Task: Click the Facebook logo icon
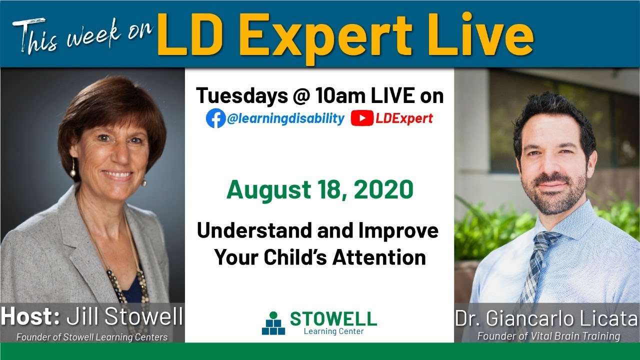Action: (x=215, y=118)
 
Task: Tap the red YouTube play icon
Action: (x=361, y=118)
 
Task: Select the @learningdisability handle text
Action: (x=285, y=118)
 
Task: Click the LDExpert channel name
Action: (x=404, y=118)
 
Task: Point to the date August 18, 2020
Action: (x=320, y=190)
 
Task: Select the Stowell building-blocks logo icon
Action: (x=273, y=324)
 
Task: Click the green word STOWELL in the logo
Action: (x=333, y=318)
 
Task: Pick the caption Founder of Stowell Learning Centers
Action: (x=92, y=337)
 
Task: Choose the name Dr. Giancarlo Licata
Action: (x=546, y=318)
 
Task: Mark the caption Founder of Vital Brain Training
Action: (x=548, y=336)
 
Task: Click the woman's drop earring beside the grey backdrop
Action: (x=73, y=168)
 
